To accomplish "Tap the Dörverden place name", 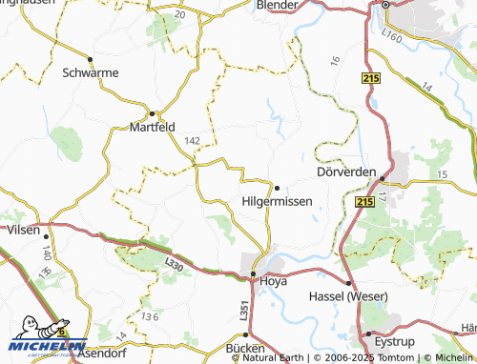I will (x=346, y=172).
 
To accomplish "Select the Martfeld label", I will (x=153, y=127).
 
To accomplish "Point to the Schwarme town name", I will (x=89, y=71).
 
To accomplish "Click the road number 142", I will (x=193, y=140).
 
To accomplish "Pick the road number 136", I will (x=148, y=315).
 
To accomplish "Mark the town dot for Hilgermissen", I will (x=277, y=187).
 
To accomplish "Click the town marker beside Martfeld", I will (x=152, y=113).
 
